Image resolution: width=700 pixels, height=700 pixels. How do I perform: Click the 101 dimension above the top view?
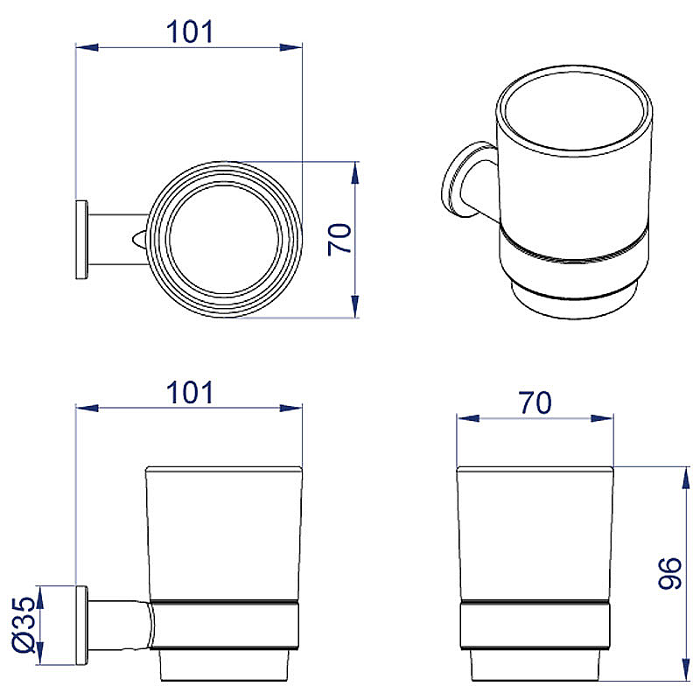pyautogui.click(x=190, y=32)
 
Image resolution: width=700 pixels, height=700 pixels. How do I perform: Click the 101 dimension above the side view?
pyautogui.click(x=190, y=393)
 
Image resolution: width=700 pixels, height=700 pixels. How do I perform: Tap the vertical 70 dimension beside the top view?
pyautogui.click(x=339, y=239)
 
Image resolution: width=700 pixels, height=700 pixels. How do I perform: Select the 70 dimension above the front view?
pyautogui.click(x=535, y=402)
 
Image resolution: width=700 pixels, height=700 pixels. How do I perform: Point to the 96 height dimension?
pyautogui.click(x=669, y=573)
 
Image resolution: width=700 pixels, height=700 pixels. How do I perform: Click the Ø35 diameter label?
pyautogui.click(x=24, y=625)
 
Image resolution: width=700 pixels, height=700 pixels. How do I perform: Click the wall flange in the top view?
pyautogui.click(x=81, y=240)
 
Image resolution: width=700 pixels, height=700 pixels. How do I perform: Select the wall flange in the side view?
pyautogui.click(x=81, y=625)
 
